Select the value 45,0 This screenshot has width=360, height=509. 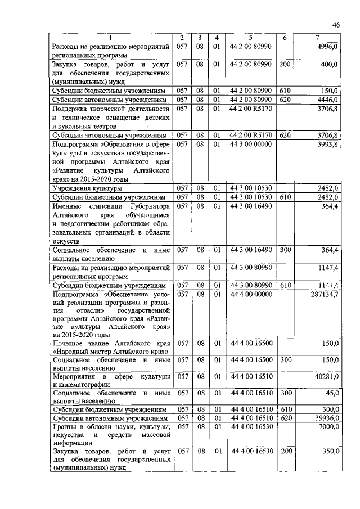coord(330,393)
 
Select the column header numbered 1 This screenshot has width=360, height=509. coord(110,38)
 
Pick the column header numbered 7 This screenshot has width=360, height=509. coord(318,38)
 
